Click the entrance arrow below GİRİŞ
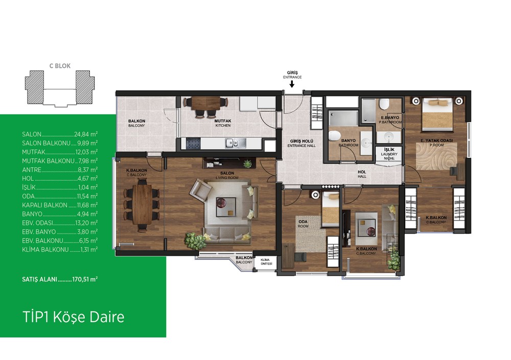pyautogui.click(x=292, y=84)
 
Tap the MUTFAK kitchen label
pyautogui.click(x=223, y=123)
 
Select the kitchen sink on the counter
pyautogui.click(x=232, y=142)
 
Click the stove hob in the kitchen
pyautogui.click(x=193, y=143)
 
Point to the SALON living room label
pyautogui.click(x=227, y=175)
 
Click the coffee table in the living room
pyautogui.click(x=226, y=207)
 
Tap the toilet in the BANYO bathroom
pyautogui.click(x=335, y=135)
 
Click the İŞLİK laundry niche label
pyautogui.click(x=389, y=154)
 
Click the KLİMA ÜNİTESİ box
pyautogui.click(x=265, y=261)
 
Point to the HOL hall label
pyautogui.click(x=362, y=174)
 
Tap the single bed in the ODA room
pyautogui.click(x=331, y=209)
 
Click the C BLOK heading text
pyautogui.click(x=60, y=66)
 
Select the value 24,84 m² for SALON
pyautogui.click(x=86, y=134)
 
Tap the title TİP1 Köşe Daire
pyautogui.click(x=73, y=317)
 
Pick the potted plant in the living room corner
pyautogui.click(x=195, y=241)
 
